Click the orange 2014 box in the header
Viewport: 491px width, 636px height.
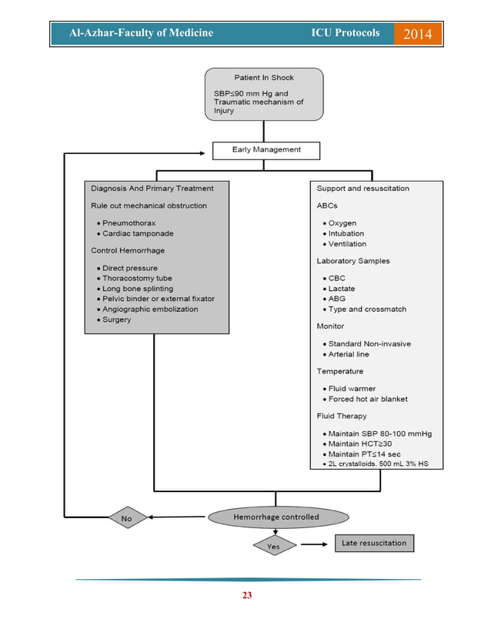pos(418,34)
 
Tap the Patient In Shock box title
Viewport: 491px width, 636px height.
pos(264,78)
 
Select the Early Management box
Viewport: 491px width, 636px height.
pos(266,149)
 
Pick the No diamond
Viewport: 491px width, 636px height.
pos(126,518)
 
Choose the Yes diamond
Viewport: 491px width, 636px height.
pos(275,545)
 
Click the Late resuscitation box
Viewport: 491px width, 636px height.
pos(373,543)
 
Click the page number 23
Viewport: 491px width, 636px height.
pos(247,594)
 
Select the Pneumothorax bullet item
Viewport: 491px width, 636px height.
pos(129,223)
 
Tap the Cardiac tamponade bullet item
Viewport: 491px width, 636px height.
pos(137,233)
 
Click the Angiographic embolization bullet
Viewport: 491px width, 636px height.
pos(149,309)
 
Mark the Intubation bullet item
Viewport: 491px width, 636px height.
pos(346,233)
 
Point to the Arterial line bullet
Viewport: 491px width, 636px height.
pos(348,354)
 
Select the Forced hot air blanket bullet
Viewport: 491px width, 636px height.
pos(367,399)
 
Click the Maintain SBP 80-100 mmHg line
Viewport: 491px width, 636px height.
pos(379,433)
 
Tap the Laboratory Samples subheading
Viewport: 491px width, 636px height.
pos(352,261)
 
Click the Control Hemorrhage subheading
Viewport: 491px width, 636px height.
pos(128,250)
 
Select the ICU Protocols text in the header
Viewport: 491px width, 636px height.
pos(345,33)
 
